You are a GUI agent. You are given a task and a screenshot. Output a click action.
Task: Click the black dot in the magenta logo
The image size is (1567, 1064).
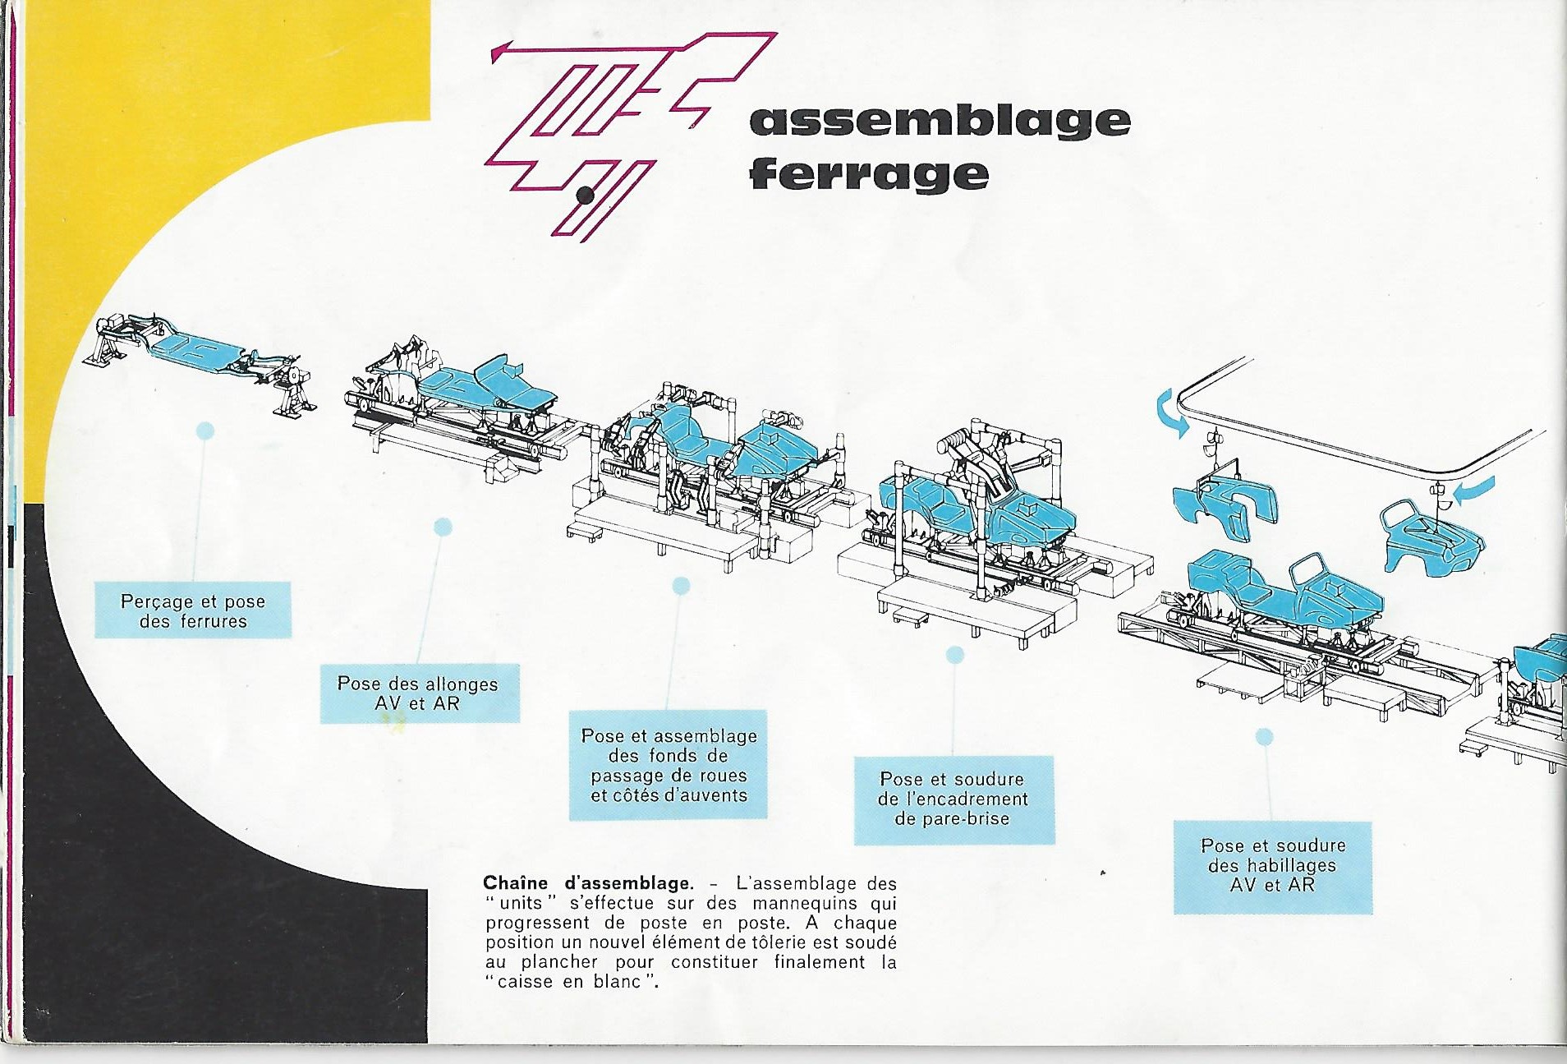point(586,196)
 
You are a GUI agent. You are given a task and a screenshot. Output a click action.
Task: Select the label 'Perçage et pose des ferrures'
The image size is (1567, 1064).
point(193,610)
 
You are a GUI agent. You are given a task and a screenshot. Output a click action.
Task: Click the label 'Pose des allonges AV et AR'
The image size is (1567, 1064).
point(419,693)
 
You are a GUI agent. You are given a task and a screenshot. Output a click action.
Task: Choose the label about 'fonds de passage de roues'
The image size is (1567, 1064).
point(669,765)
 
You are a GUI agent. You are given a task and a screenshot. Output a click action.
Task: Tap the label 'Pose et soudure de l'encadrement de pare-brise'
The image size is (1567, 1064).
point(954,799)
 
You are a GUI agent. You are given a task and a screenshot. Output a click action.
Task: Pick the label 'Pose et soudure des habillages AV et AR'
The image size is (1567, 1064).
point(1273,865)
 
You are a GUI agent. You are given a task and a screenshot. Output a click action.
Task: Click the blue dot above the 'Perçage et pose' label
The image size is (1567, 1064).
point(205,431)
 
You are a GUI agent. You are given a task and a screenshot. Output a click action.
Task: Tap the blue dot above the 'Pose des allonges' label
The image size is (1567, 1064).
point(443,527)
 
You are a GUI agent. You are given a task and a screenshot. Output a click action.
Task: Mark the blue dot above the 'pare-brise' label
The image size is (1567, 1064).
point(955,655)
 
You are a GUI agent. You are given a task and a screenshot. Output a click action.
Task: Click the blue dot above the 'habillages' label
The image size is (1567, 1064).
point(1265,737)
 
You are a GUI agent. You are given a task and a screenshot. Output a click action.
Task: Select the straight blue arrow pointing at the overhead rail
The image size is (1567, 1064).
point(1474,491)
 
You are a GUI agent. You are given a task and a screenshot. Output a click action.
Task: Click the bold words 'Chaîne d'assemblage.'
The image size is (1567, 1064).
point(588,883)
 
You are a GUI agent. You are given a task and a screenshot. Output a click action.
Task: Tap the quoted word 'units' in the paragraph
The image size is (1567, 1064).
point(521,903)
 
